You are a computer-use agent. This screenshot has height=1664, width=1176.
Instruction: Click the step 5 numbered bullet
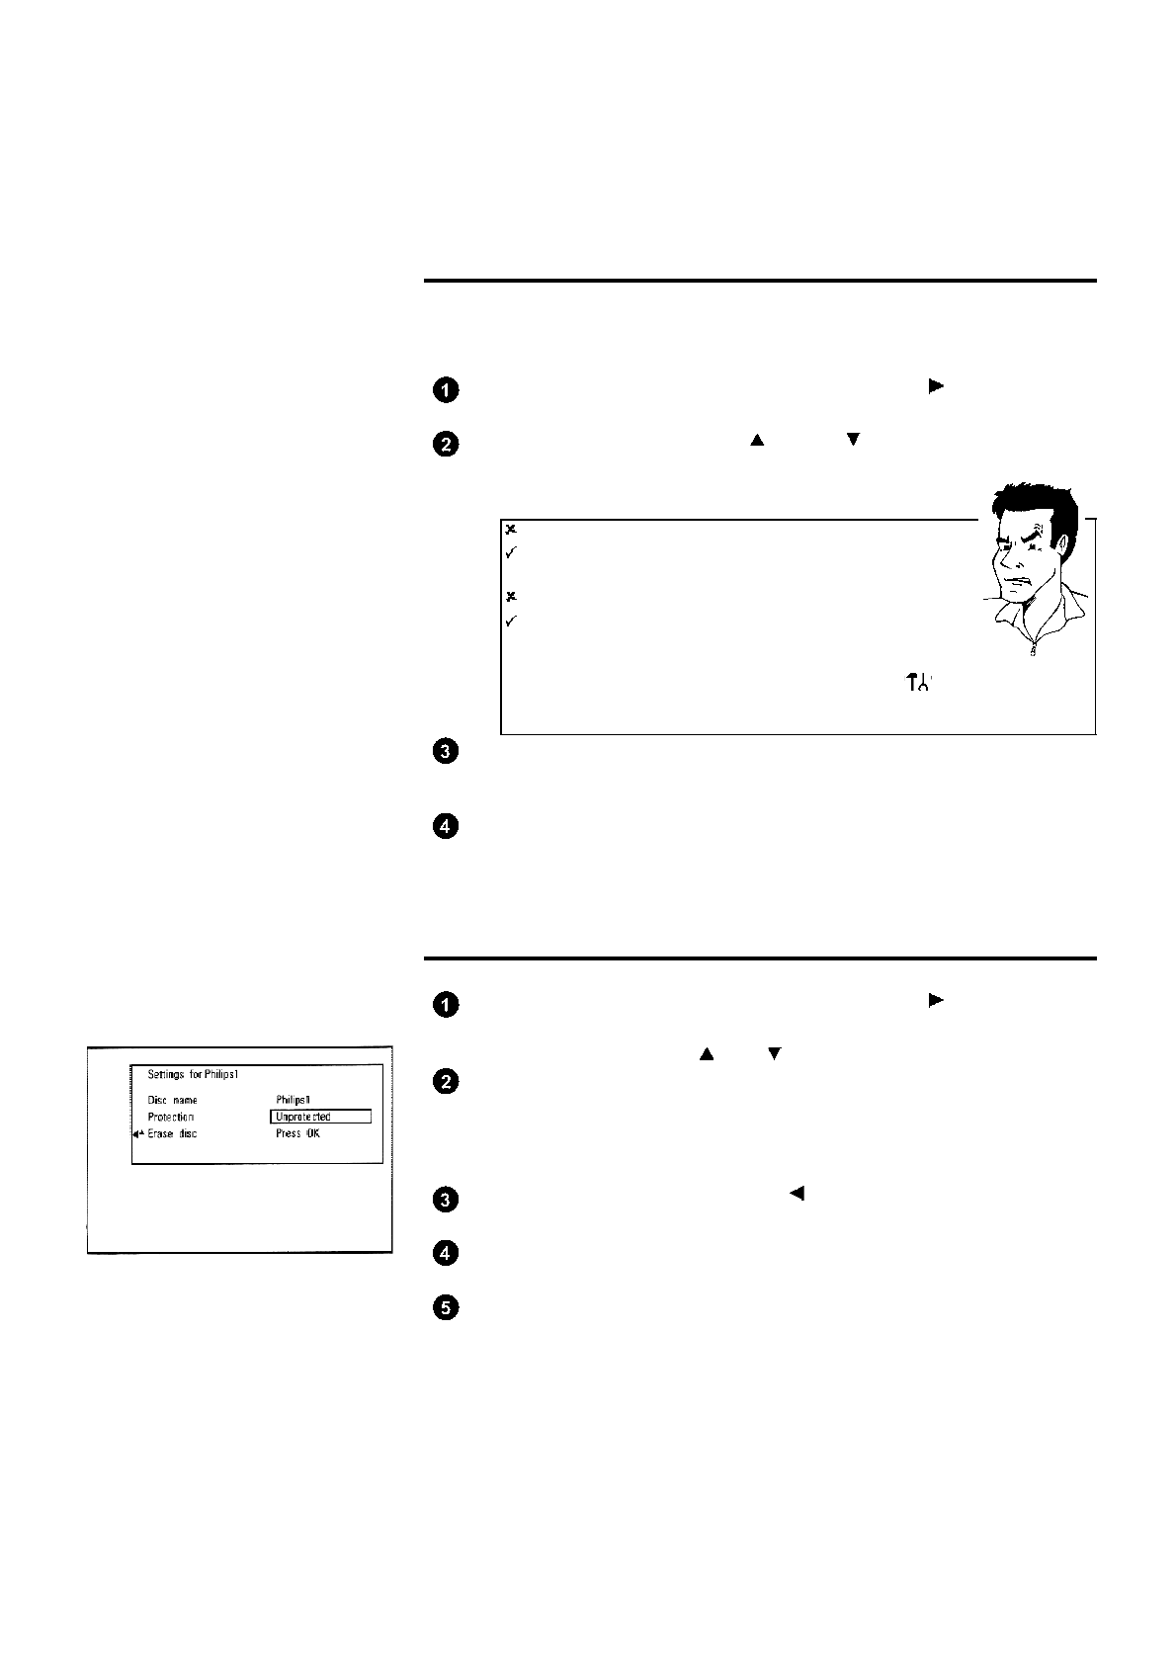[x=446, y=1308]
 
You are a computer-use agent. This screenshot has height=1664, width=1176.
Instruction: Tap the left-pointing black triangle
[x=797, y=1194]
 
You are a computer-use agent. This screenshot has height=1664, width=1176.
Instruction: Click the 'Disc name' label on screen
[x=172, y=1100]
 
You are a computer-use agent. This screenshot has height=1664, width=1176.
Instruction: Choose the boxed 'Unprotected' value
[x=320, y=1117]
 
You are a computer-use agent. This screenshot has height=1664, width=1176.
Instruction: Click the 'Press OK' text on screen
[x=297, y=1133]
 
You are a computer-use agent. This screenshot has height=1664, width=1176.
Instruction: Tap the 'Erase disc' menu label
[x=172, y=1133]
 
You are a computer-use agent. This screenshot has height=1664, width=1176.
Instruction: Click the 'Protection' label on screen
[x=171, y=1117]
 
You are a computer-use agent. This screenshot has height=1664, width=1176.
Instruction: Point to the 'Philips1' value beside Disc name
[x=294, y=1100]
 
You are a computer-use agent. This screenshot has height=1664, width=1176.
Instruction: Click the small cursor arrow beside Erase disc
[x=138, y=1134]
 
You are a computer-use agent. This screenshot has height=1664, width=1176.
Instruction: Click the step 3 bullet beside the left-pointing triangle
[x=446, y=1201]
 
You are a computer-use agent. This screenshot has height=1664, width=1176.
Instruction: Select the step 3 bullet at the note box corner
[x=446, y=752]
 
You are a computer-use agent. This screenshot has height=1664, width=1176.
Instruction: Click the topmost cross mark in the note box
[x=511, y=530]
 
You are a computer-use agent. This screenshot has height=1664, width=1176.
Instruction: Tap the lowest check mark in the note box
[x=511, y=622]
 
